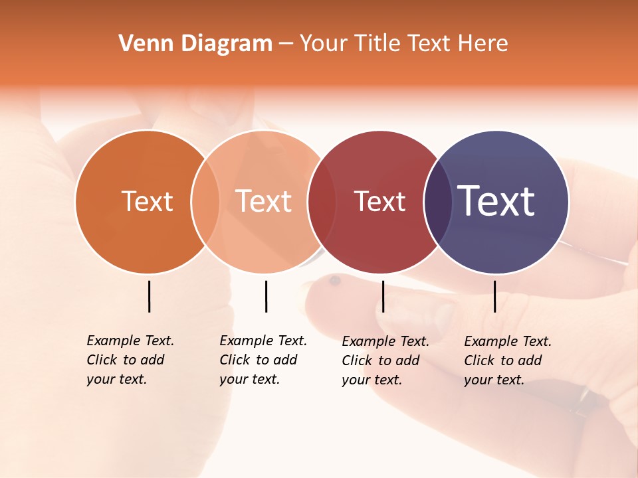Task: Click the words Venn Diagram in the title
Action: [195, 44]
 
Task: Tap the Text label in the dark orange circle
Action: [147, 201]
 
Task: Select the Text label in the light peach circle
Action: [263, 201]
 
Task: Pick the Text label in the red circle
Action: [379, 201]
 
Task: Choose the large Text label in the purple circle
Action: [496, 200]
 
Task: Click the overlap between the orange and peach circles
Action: [205, 202]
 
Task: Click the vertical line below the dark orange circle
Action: [149, 296]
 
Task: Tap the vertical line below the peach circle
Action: [266, 296]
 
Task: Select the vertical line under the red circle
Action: [383, 296]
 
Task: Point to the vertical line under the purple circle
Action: [494, 296]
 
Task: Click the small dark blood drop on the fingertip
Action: [335, 281]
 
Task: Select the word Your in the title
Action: [324, 44]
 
